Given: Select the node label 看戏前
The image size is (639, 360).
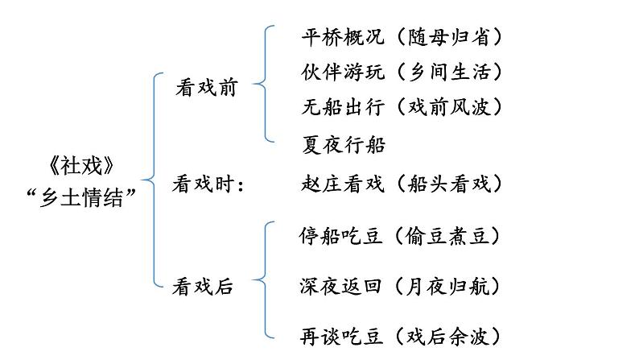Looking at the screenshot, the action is click(206, 89).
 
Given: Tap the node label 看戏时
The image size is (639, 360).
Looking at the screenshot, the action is click(208, 184).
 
